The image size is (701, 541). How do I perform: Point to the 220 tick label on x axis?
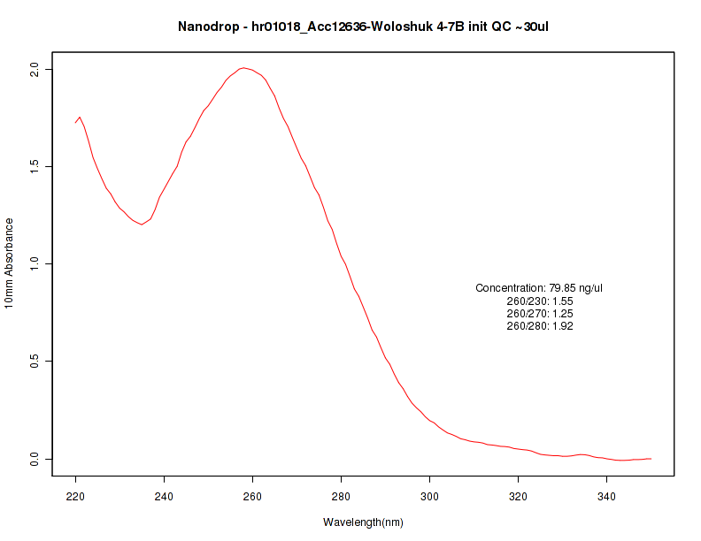click(x=76, y=498)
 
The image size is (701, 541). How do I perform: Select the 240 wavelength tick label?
click(x=165, y=498)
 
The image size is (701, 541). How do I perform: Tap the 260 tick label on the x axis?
click(x=253, y=498)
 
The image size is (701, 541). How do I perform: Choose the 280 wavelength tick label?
click(x=342, y=498)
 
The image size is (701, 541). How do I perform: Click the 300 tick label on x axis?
click(x=430, y=498)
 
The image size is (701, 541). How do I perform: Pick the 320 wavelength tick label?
click(x=519, y=498)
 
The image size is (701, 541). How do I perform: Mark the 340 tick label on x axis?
click(x=607, y=498)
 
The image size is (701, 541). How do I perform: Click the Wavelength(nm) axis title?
click(x=363, y=522)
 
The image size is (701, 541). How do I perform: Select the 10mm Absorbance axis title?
click(x=10, y=263)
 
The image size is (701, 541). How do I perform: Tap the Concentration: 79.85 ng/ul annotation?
click(x=539, y=288)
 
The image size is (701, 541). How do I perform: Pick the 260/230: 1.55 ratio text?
click(x=539, y=301)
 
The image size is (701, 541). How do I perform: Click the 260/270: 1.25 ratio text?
click(x=539, y=314)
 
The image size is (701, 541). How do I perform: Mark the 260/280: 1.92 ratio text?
click(x=539, y=326)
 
